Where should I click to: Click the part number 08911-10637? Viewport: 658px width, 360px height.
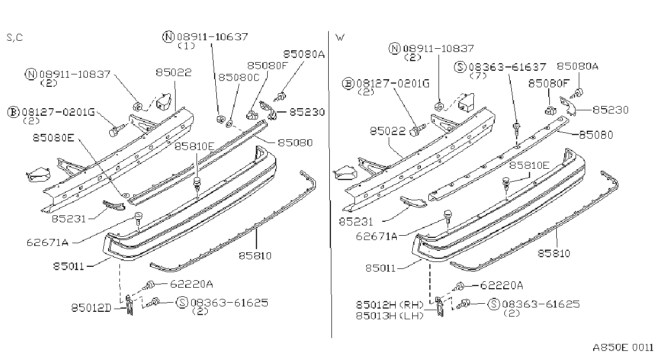[213, 37]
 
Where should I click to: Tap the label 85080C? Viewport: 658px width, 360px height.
[239, 77]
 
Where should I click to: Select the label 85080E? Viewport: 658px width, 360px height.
[54, 138]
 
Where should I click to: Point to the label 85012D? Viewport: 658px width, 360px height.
[92, 307]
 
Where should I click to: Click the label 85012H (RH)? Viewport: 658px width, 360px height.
[390, 304]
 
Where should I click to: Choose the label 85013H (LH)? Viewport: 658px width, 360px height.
[390, 316]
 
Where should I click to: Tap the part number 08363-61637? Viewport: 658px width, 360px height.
[508, 67]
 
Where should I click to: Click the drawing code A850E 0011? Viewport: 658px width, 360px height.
[623, 348]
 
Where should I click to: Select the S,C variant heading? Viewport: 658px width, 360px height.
[14, 37]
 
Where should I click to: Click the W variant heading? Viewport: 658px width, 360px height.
[340, 37]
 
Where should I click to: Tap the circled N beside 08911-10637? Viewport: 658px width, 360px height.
[168, 37]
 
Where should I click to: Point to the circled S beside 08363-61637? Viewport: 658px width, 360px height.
[460, 67]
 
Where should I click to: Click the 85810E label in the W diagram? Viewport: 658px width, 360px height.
[529, 165]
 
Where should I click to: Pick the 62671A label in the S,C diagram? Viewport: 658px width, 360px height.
[48, 243]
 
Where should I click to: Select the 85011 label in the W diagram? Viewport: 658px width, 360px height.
[381, 268]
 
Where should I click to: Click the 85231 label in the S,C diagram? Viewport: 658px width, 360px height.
[69, 219]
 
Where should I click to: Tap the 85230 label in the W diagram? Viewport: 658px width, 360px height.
[611, 110]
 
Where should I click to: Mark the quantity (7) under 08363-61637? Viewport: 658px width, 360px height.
[478, 76]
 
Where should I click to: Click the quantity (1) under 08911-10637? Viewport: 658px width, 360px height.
[186, 46]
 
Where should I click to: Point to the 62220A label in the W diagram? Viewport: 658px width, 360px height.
[502, 286]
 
